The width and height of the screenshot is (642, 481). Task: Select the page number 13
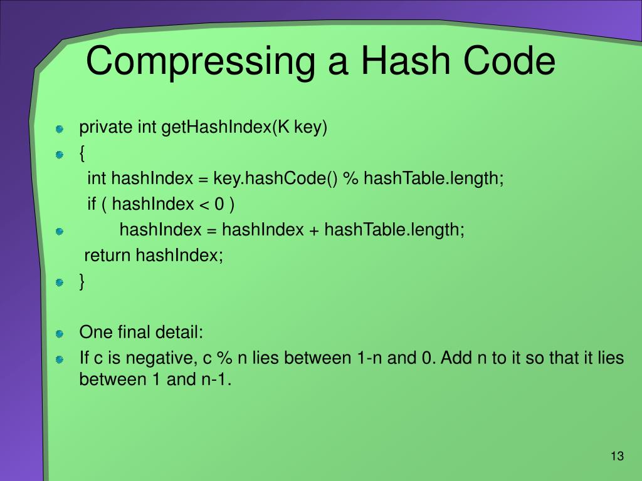click(x=617, y=456)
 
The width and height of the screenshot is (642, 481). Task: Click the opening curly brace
click(x=82, y=153)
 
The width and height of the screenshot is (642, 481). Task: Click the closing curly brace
click(x=82, y=282)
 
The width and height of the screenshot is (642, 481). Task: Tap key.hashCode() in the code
click(x=275, y=179)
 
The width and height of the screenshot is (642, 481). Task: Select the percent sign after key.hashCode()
click(x=350, y=179)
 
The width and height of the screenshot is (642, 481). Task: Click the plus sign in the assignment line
click(x=313, y=230)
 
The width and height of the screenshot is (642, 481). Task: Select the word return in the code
click(x=108, y=256)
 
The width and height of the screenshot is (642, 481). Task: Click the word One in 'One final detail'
click(x=92, y=332)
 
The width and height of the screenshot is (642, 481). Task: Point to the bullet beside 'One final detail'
click(x=60, y=333)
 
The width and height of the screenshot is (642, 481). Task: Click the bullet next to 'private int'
click(x=60, y=129)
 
